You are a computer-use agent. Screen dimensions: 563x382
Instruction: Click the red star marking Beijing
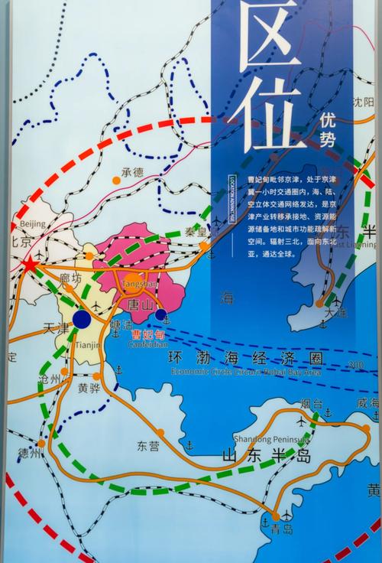[30, 265]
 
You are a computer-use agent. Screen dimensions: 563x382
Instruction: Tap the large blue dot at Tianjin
[82, 319]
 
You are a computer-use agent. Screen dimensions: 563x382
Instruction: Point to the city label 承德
[133, 172]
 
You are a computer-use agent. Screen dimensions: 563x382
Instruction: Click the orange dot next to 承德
[116, 181]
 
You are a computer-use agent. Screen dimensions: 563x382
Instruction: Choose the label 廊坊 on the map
[67, 280]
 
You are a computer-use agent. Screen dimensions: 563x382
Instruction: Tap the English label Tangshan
[138, 285]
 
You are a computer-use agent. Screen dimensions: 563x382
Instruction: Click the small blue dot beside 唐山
[160, 314]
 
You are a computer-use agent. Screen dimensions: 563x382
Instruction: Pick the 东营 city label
[148, 445]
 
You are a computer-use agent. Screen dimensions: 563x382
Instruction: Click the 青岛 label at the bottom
[282, 529]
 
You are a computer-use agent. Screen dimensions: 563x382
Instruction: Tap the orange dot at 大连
[319, 303]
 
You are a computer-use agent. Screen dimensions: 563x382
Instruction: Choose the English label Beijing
[33, 223]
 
